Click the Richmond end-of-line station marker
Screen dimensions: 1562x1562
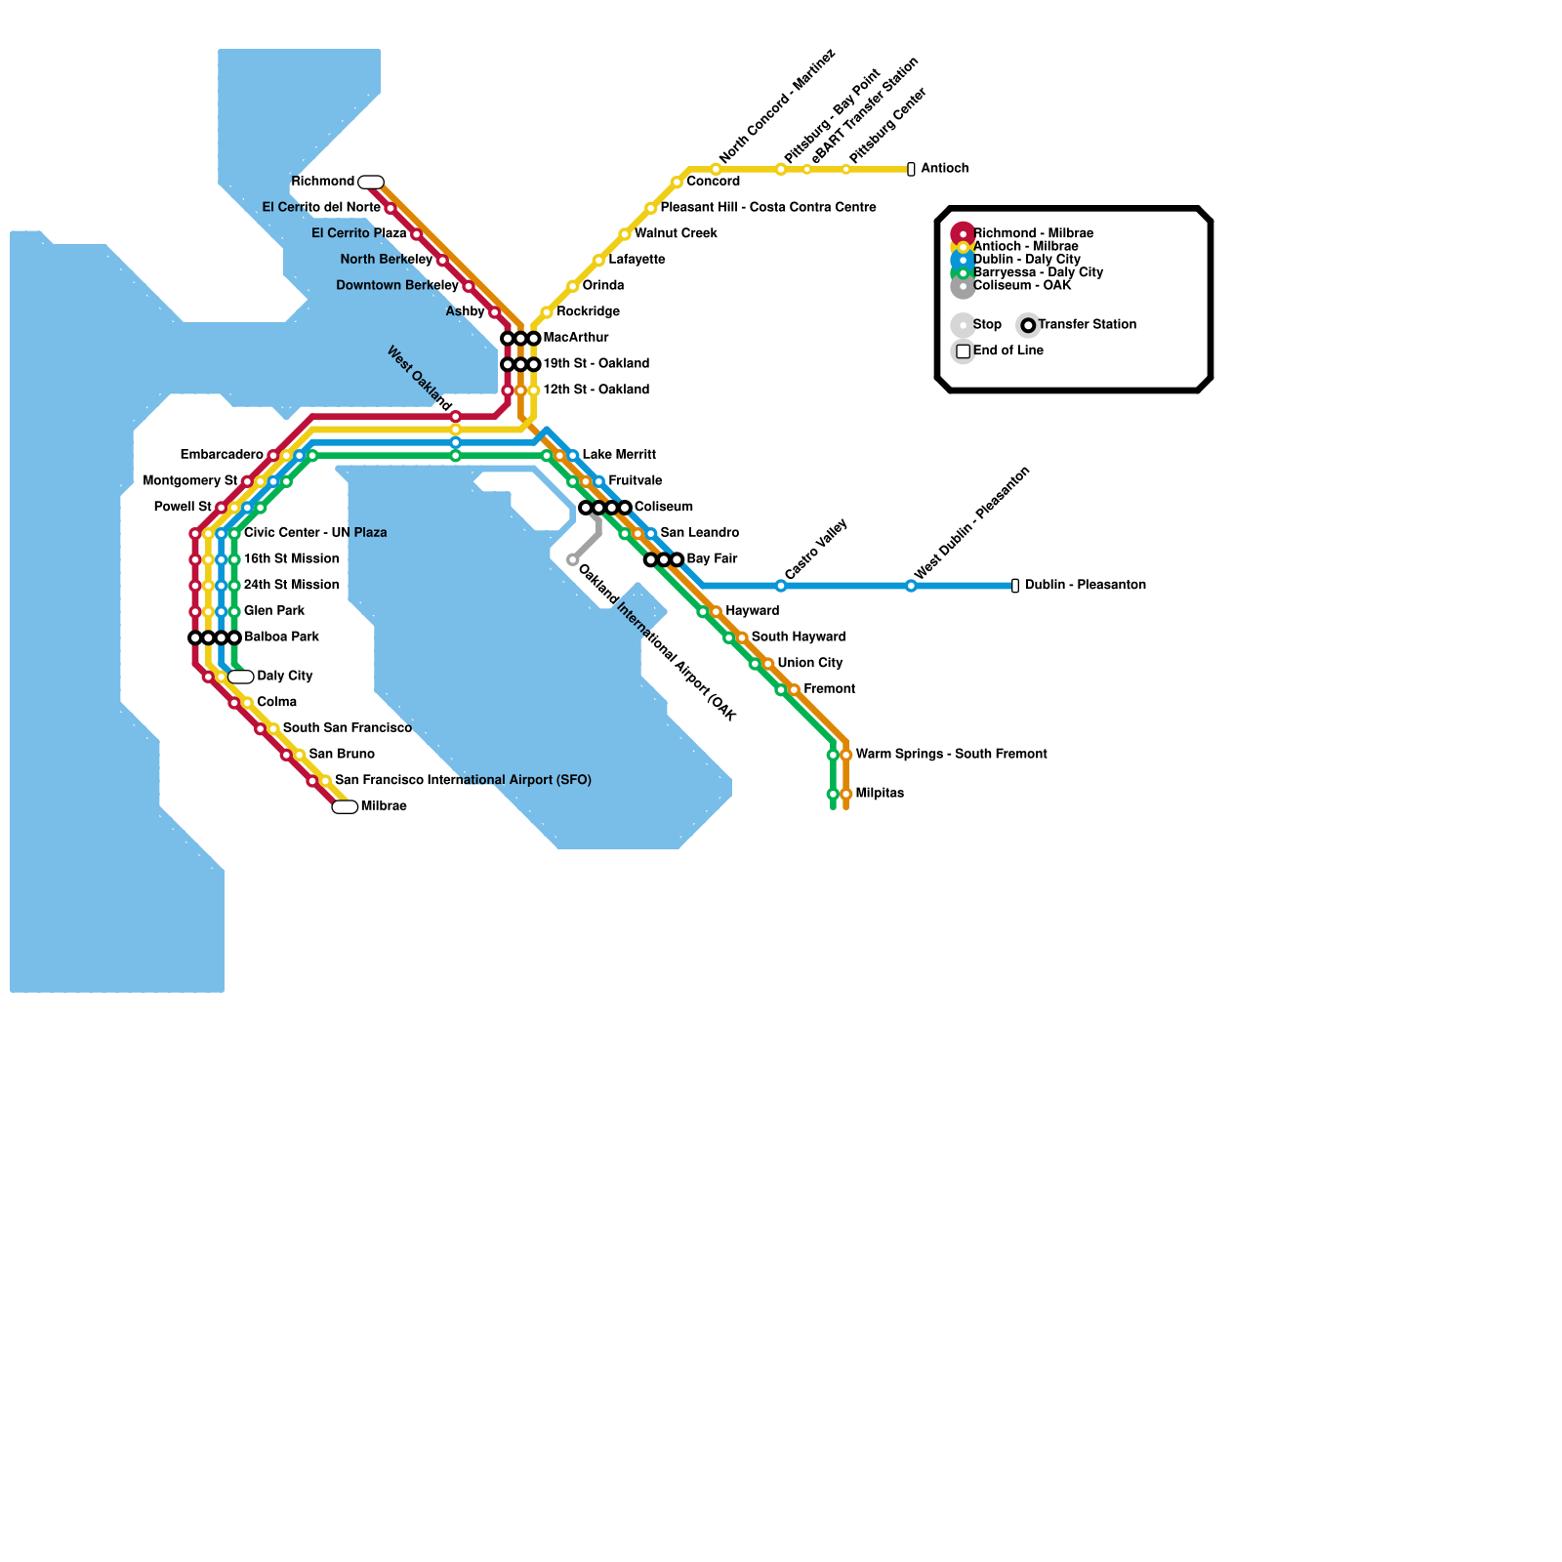coord(371,182)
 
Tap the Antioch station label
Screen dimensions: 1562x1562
coord(944,169)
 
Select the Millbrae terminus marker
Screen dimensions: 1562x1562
coord(345,806)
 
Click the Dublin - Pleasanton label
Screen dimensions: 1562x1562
coord(1085,586)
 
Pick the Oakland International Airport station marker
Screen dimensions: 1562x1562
coord(573,560)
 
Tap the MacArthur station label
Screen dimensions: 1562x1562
coord(576,338)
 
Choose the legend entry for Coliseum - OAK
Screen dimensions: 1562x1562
coord(1021,286)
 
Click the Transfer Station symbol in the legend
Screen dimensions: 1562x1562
coord(1028,325)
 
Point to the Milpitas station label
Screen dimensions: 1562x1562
coord(880,794)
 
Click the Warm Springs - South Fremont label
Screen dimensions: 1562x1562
coord(951,755)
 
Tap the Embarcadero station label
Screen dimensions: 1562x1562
coord(222,455)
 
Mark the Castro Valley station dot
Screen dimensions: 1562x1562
coord(781,586)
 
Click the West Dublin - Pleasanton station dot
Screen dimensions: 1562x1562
coord(911,586)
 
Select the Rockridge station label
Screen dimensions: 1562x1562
coord(588,312)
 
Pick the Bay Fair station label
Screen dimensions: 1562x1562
coord(712,559)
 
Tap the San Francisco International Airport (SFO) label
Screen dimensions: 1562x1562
coord(463,781)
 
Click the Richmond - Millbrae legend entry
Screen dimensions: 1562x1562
coord(1033,233)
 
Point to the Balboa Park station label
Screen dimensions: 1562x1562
coord(281,637)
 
